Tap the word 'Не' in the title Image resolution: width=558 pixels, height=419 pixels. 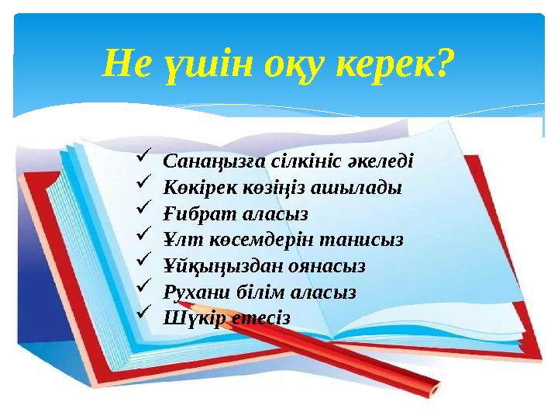click(x=124, y=64)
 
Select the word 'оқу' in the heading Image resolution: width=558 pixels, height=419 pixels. click(x=291, y=64)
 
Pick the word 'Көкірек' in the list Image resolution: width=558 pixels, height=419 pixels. click(x=195, y=187)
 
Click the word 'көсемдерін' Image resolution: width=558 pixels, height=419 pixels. click(x=264, y=240)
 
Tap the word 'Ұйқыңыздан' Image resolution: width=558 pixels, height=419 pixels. click(x=219, y=266)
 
